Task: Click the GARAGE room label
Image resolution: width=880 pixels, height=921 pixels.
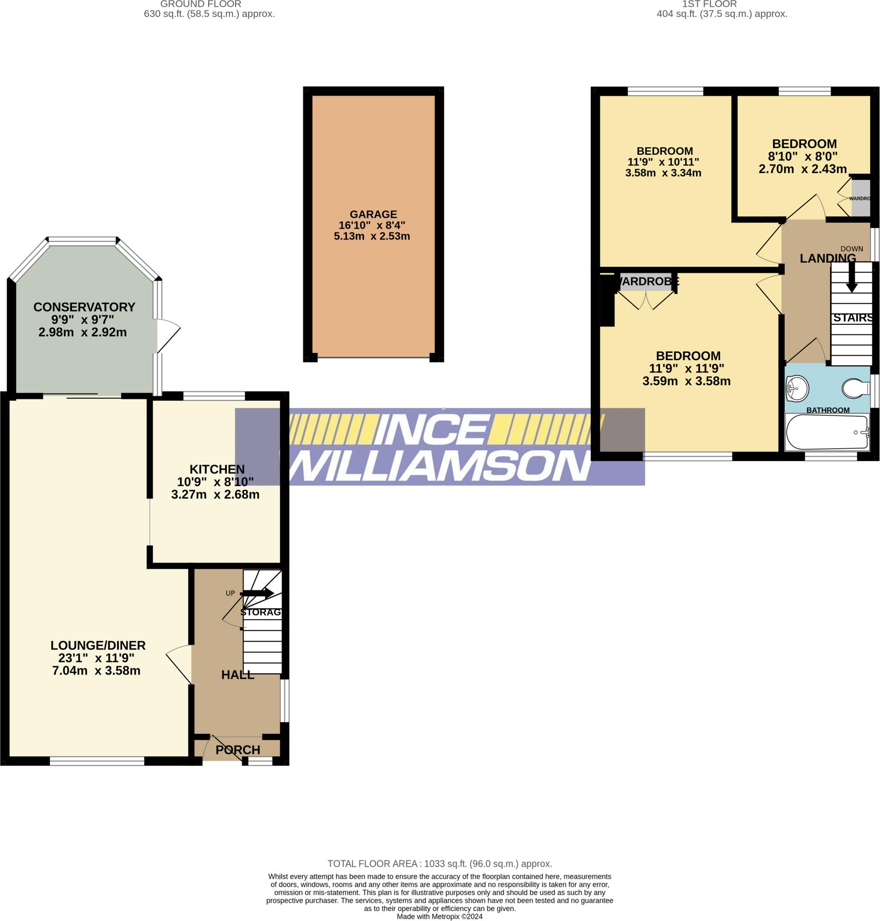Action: [x=373, y=215]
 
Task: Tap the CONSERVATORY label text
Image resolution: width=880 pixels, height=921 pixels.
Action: [x=85, y=307]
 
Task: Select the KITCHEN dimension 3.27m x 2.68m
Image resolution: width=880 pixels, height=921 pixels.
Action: [x=216, y=494]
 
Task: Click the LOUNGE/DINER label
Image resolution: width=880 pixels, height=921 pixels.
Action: [x=98, y=645]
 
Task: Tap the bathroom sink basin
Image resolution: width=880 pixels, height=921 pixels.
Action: [x=797, y=388]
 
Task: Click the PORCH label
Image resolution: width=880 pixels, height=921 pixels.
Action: [x=238, y=749]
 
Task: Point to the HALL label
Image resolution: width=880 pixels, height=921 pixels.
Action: [x=238, y=675]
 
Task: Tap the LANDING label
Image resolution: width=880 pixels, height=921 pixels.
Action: [x=827, y=259]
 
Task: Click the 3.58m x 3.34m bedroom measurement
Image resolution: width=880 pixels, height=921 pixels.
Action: [x=663, y=173]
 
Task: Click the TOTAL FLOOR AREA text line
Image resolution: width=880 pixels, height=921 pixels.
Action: [x=440, y=864]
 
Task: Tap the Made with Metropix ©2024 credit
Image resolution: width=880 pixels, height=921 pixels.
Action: [x=440, y=917]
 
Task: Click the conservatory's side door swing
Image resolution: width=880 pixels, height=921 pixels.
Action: [x=168, y=335]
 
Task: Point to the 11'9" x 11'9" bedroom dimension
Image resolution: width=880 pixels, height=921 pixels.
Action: [x=686, y=368]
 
